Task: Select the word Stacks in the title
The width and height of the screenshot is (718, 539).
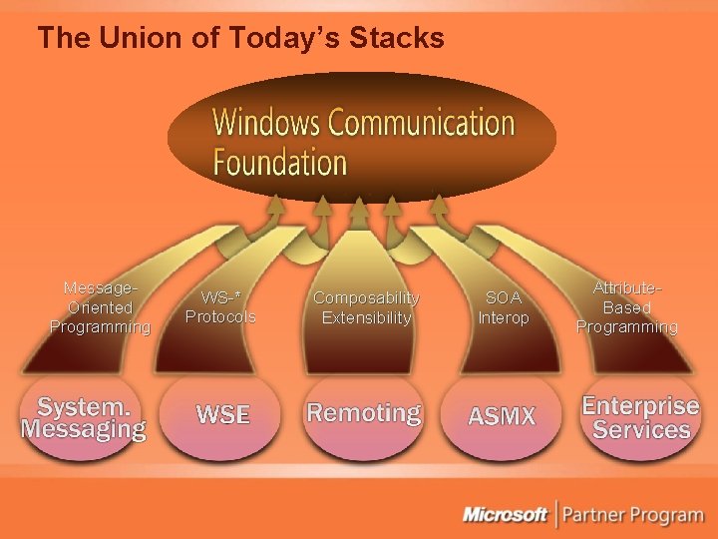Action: coord(395,39)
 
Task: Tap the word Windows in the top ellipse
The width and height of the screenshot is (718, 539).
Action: coord(266,123)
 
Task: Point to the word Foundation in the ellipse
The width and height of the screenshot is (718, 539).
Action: coord(280,162)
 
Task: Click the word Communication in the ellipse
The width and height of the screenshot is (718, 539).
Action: coord(422,123)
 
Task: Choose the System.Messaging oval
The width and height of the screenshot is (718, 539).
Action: coord(84,418)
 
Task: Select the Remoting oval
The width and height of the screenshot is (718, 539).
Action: coord(364,413)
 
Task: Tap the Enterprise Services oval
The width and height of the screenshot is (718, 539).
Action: coord(640,418)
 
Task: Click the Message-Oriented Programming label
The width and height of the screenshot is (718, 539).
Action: coord(100,307)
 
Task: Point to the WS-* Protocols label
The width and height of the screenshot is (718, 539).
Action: coord(220,307)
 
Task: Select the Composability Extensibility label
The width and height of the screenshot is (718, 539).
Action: coord(366,307)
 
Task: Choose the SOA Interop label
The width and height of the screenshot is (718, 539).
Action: coord(503,307)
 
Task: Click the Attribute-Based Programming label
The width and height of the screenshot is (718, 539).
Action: coord(627,307)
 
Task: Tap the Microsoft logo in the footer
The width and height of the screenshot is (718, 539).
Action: coord(505,515)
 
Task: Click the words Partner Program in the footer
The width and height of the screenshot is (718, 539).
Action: coord(632,515)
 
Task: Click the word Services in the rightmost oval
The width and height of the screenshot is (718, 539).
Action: coord(641,430)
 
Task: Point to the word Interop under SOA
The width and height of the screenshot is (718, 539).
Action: coord(503,317)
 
